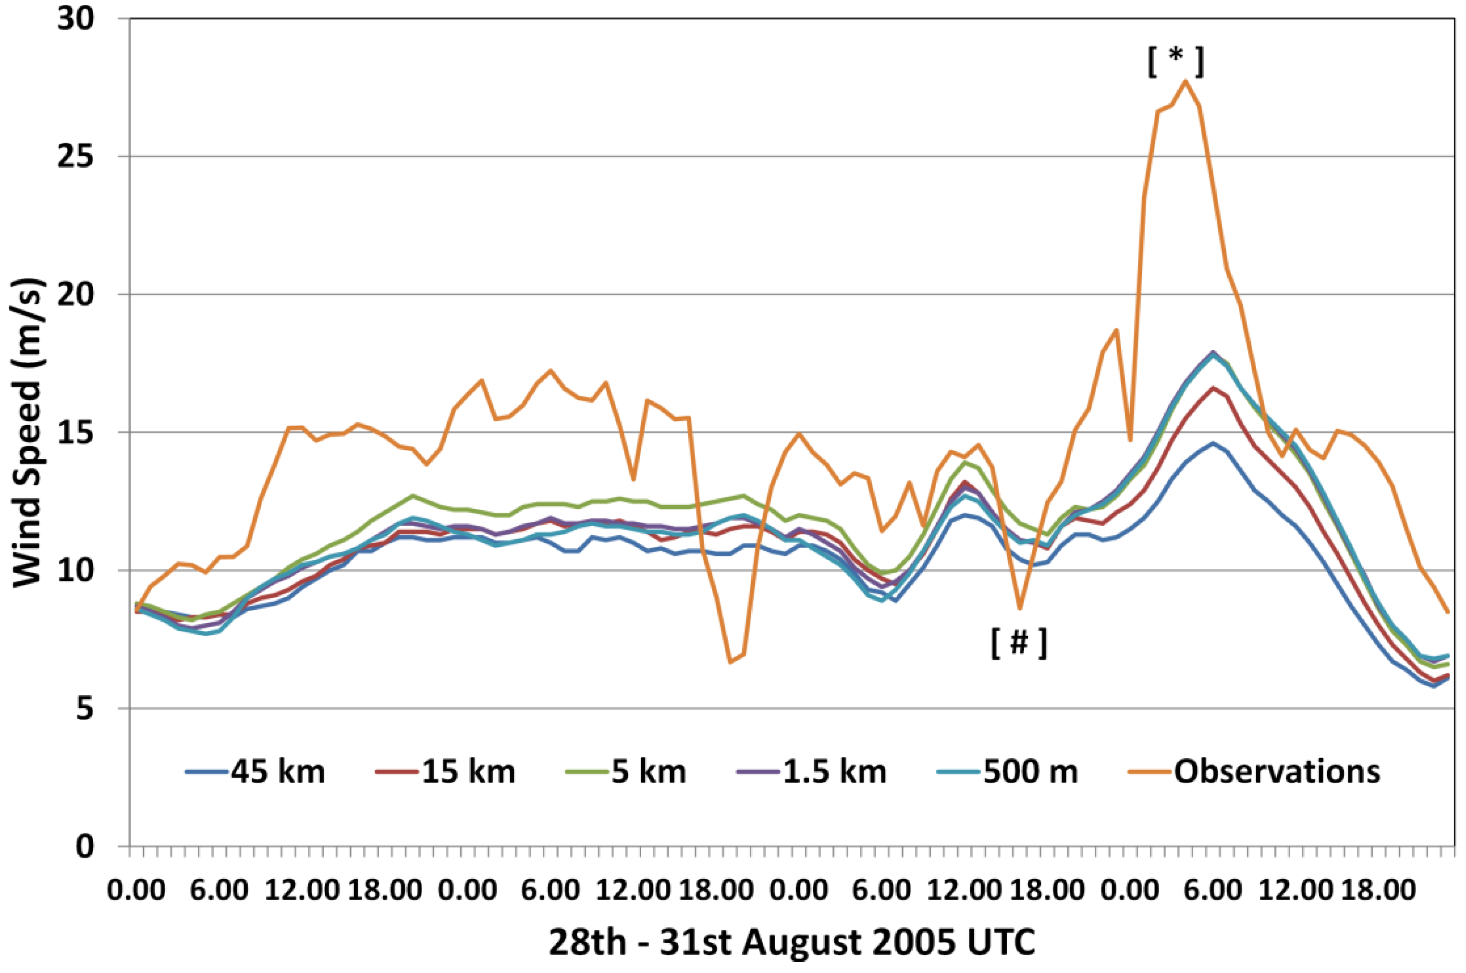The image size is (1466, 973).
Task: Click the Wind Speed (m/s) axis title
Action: pos(27,432)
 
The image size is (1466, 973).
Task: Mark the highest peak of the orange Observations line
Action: pos(1185,81)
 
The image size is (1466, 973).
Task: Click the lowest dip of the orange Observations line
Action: pos(730,663)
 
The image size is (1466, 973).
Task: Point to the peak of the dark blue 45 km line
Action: pos(1212,443)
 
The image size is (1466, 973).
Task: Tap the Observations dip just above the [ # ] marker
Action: pos(1019,608)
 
